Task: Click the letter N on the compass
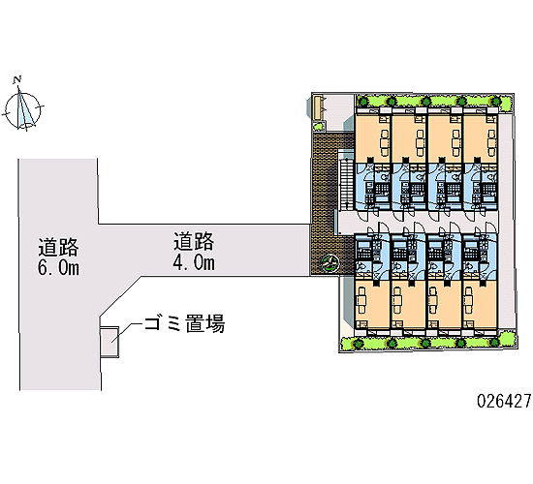17,79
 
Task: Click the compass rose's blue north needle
22,107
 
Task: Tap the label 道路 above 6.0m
58,247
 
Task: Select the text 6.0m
58,267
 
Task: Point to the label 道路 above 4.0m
194,241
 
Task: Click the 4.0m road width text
194,262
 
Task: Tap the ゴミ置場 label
184,323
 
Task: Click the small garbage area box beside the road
110,342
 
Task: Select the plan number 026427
504,401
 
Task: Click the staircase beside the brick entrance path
347,185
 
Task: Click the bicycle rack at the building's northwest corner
318,107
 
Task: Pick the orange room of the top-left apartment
372,138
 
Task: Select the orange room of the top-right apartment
481,138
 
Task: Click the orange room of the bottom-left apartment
372,303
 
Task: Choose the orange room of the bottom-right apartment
480,303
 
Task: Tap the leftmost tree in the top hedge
363,102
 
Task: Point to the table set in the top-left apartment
384,138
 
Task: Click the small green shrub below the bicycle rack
318,127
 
